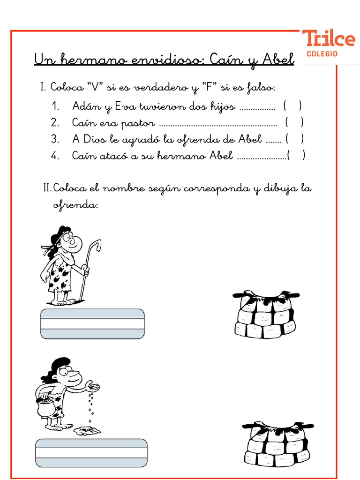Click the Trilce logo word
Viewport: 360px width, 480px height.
click(x=328, y=38)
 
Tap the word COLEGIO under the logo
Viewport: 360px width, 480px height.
click(x=322, y=54)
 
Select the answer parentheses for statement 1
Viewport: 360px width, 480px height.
click(x=292, y=106)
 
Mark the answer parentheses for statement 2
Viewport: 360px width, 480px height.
click(x=294, y=123)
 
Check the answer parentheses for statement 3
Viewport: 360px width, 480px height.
click(x=295, y=139)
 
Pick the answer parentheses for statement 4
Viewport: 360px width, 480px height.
click(x=296, y=156)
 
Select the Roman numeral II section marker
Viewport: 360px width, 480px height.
click(x=47, y=188)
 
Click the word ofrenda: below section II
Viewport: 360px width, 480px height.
click(x=75, y=205)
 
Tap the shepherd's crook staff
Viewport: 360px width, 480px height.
click(x=89, y=267)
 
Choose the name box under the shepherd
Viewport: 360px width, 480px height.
click(x=92, y=324)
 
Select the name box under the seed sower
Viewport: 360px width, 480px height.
click(x=91, y=453)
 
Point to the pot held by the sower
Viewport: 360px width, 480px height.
click(x=46, y=406)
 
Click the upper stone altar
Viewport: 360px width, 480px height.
click(x=265, y=314)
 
